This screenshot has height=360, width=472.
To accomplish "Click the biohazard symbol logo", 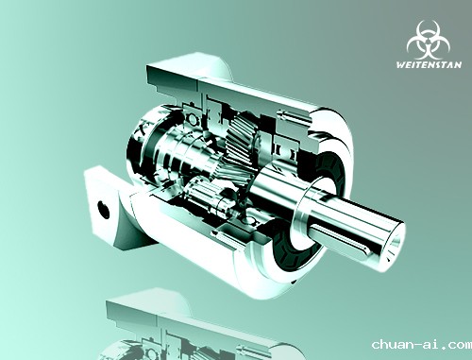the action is [428, 40].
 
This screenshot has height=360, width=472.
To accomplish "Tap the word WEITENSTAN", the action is [429, 65].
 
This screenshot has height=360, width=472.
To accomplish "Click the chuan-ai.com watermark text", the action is [422, 344].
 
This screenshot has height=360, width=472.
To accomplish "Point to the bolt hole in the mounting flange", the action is [103, 209].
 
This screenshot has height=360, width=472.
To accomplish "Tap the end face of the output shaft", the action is [393, 244].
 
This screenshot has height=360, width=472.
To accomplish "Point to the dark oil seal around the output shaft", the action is [295, 249].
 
